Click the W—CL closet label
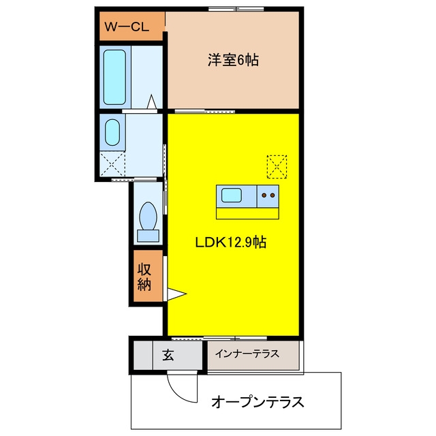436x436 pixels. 127,27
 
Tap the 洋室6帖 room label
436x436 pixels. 233,60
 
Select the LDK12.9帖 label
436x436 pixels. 231,243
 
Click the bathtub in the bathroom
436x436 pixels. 114,77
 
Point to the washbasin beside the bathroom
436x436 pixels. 112,132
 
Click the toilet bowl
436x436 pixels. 148,216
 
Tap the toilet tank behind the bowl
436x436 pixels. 149,236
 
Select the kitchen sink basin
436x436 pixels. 232,196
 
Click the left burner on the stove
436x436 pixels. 264,196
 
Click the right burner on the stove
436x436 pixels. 272,196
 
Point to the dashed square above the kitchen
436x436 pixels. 277,167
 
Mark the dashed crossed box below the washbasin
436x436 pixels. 112,163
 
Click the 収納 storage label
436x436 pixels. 144,277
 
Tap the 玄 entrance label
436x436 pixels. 168,355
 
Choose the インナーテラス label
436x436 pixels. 247,354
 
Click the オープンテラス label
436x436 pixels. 258,402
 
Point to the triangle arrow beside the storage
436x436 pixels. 176,294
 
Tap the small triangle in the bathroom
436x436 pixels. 152,102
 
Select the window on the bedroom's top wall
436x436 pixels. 236,9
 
